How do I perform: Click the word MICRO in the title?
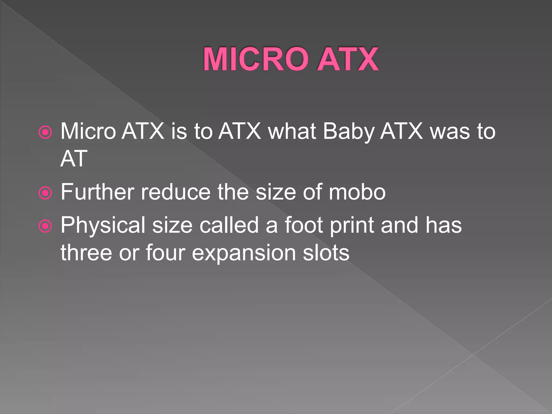coord(256,59)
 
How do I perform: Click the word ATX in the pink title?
coord(348,59)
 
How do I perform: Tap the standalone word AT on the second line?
coord(74,159)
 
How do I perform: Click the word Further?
coord(97,192)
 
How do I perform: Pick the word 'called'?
coord(229,225)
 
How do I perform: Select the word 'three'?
coord(86,253)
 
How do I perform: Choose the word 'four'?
coord(165,253)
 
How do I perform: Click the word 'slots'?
coord(326,253)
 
